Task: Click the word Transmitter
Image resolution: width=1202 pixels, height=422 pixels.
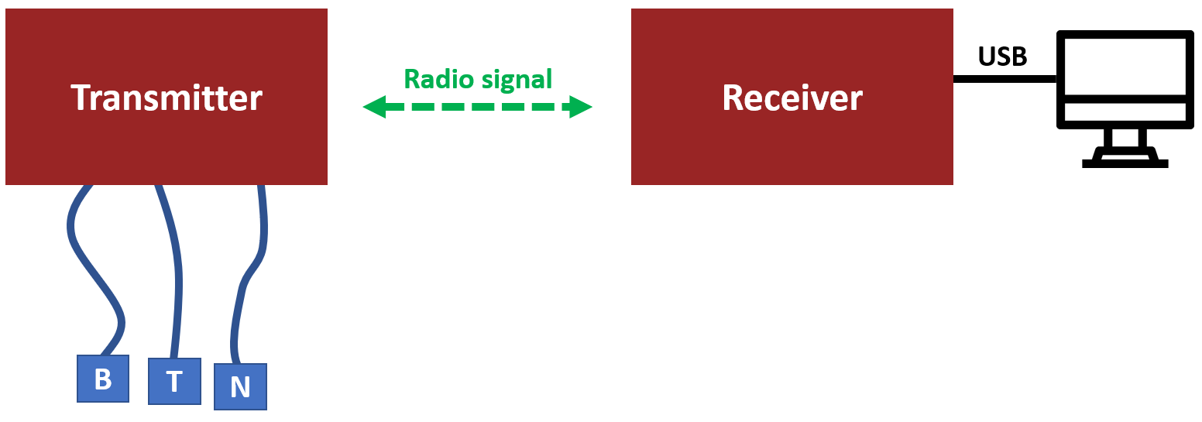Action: (167, 98)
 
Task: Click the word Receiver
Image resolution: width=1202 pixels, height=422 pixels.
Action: (792, 98)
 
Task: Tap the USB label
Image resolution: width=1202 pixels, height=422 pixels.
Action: (1002, 57)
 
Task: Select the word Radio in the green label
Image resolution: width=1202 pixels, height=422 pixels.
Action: (439, 79)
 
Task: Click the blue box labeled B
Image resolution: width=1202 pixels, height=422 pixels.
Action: (103, 379)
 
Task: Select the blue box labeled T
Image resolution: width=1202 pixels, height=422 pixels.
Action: (174, 381)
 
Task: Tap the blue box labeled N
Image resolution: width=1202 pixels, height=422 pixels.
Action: (240, 386)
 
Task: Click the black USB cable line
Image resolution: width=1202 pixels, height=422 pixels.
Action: (1005, 79)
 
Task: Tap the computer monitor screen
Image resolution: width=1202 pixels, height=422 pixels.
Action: (1125, 66)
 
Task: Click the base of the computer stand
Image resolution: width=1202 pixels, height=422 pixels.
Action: (1125, 163)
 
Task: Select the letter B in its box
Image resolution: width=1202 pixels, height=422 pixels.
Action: (103, 379)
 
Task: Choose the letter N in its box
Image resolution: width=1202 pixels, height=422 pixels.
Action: (240, 386)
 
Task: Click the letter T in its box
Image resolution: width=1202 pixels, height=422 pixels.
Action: (174, 382)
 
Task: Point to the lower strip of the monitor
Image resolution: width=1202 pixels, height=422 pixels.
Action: (1125, 112)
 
